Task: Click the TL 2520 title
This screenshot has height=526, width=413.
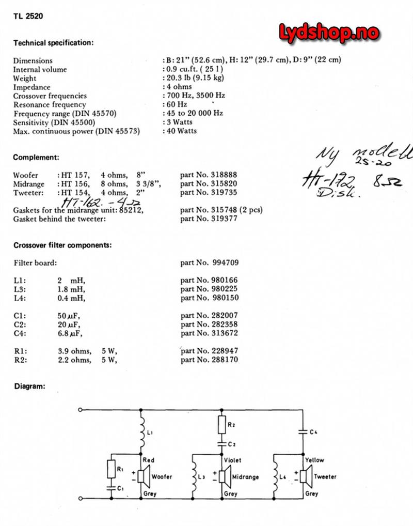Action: click(28, 16)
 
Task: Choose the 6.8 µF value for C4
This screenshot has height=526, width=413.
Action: click(69, 333)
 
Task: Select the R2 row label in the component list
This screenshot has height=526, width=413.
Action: click(19, 360)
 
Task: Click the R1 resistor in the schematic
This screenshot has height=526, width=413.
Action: click(111, 469)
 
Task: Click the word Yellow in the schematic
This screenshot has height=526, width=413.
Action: click(314, 460)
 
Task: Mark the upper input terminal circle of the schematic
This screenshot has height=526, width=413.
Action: click(80, 410)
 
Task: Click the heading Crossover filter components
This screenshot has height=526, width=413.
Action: click(62, 245)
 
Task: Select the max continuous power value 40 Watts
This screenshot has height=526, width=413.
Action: click(181, 131)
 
